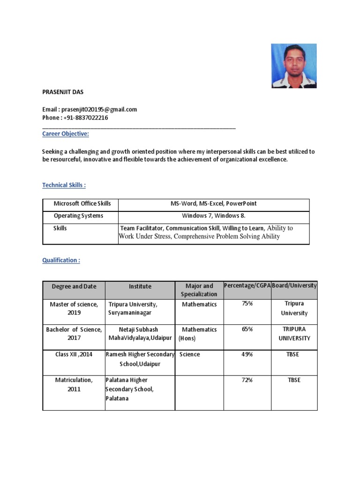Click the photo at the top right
[x=294, y=66]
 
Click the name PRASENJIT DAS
[x=63, y=92]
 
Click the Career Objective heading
[x=66, y=134]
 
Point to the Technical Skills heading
[x=64, y=185]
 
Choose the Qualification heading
[x=61, y=260]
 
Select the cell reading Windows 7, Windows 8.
[x=213, y=216]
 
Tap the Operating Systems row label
[x=78, y=216]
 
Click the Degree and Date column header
[x=74, y=286]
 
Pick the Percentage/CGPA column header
[x=247, y=285]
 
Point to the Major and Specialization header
[x=199, y=290]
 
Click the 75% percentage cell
[x=247, y=304]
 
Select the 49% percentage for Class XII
[x=247, y=355]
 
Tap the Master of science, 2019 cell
[x=74, y=308]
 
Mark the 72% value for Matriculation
[x=247, y=380]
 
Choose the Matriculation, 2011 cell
[x=74, y=384]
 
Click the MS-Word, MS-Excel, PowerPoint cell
[x=213, y=204]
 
